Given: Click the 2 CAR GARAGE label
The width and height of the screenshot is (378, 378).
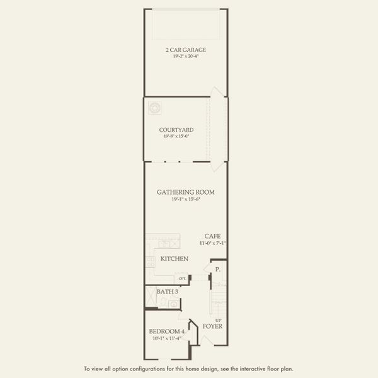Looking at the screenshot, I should coord(186,50).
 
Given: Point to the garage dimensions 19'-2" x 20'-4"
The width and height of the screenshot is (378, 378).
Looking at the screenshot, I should coord(186,57).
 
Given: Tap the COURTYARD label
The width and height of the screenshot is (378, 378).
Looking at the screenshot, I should coord(176,130).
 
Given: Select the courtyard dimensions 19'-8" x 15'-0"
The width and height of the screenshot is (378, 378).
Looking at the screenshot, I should coord(176,136).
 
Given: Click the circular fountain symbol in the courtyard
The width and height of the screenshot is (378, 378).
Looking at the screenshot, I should coord(154,108).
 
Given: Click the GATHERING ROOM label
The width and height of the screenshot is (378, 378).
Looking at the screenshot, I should coord(186,192).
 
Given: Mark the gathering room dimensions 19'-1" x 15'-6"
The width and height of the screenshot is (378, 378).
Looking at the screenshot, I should coord(186,199).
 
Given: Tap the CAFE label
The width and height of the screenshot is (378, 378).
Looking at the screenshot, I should coord(212,236).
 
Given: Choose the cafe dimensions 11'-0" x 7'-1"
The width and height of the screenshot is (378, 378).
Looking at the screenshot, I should coord(212,243).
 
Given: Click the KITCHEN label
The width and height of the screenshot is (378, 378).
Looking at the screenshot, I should coord(175,259).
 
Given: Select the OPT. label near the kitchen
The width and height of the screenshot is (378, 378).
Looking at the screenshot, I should coord(182,278).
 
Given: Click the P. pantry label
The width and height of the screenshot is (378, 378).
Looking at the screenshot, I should coord(217,269).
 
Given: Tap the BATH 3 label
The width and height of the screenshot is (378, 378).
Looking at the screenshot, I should coord(167,292).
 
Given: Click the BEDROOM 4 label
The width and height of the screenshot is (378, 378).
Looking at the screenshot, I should coord(166,331).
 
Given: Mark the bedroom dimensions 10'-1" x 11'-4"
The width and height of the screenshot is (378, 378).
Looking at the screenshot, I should coord(166,338).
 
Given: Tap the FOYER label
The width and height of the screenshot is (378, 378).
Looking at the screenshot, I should coord(212,326).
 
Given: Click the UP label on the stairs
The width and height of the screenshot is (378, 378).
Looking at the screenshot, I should coord(218,319).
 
